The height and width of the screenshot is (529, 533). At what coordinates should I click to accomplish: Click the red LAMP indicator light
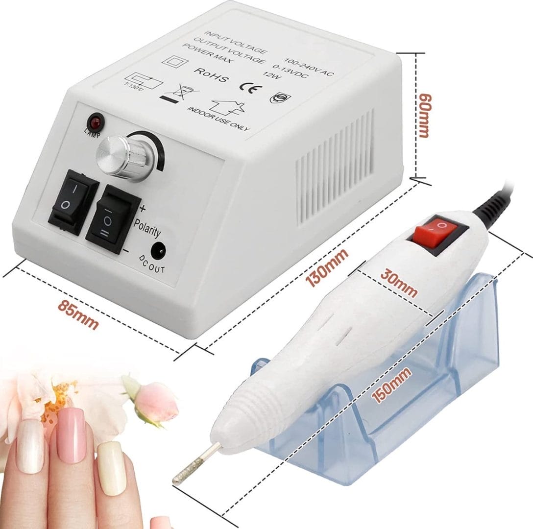click(94, 121)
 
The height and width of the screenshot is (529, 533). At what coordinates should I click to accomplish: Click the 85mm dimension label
click(78, 313)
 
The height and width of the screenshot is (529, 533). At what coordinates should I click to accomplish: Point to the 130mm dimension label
click(327, 267)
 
